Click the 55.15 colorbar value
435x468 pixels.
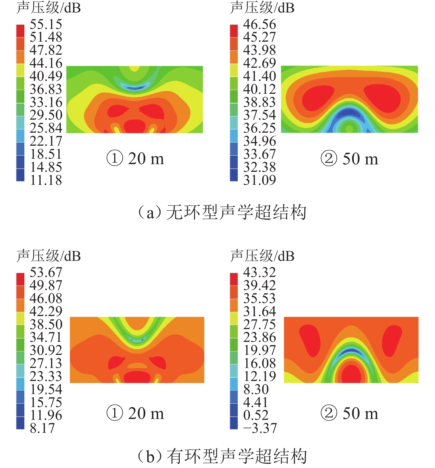coord(46,24)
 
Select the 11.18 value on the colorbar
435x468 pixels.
coord(46,180)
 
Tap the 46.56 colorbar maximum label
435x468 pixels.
coord(259,24)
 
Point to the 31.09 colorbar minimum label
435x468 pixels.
coord(259,180)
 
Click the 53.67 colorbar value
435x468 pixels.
coord(46,272)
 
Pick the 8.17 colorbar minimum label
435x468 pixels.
coord(42,428)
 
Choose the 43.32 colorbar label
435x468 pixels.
coord(259,272)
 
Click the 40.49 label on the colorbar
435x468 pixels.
coord(46,76)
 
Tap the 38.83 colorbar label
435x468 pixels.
coord(259,102)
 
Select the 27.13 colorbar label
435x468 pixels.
coord(46,363)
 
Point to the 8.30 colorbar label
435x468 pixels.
coord(256,389)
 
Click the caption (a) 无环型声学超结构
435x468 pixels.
coord(222,212)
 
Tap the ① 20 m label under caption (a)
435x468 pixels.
coord(135,158)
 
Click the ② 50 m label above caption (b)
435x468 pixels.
coord(349,413)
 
